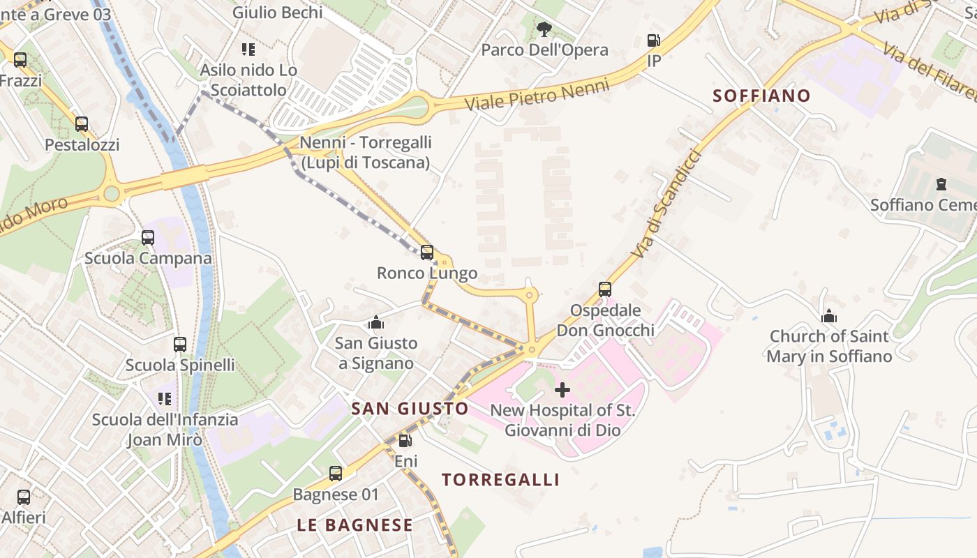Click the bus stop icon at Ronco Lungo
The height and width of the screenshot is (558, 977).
(427, 252)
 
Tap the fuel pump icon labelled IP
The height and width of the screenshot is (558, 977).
(654, 41)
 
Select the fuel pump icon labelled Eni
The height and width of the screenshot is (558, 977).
(405, 441)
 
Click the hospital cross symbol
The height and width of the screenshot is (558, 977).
(562, 390)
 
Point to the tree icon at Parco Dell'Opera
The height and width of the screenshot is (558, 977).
(544, 30)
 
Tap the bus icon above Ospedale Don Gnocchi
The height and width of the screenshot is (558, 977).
(605, 289)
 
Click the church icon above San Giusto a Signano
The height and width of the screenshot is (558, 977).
(376, 322)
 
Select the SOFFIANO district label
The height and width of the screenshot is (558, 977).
(761, 96)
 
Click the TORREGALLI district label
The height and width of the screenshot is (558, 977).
(500, 480)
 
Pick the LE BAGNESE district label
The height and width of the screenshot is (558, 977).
(355, 525)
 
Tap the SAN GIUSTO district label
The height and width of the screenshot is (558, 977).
(410, 409)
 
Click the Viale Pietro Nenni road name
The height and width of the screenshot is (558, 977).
(537, 95)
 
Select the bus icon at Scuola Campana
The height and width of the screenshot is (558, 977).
(148, 238)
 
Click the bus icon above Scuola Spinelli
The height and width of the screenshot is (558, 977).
(180, 345)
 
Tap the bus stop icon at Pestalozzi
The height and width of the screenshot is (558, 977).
(82, 125)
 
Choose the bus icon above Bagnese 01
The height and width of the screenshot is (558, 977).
(336, 474)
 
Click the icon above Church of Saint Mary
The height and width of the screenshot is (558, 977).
(829, 316)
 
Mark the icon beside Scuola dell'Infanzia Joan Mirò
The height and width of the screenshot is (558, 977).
(165, 399)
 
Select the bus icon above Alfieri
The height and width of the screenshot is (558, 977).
(24, 497)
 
